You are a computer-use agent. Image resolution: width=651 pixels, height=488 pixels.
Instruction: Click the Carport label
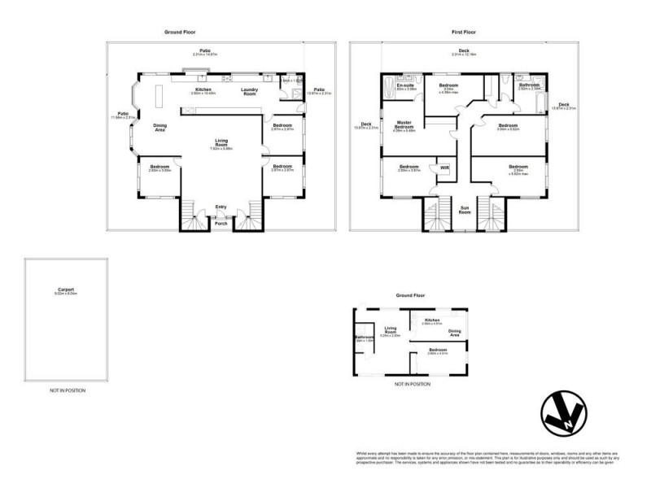click(x=67, y=289)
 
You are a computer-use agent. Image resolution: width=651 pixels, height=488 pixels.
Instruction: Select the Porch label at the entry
click(x=221, y=223)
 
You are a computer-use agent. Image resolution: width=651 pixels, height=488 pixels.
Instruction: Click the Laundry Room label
click(x=250, y=92)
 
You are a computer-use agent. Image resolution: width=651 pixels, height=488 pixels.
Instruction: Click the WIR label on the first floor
click(x=444, y=168)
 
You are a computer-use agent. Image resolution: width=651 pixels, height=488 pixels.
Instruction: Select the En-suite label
click(x=405, y=85)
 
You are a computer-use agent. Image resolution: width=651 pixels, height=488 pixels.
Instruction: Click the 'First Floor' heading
click(x=464, y=33)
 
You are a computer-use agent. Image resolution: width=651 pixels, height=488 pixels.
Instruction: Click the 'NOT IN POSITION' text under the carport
click(x=67, y=390)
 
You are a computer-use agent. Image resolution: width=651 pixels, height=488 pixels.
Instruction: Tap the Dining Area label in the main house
click(x=160, y=127)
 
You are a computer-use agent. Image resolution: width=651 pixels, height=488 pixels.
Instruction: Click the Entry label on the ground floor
click(x=221, y=207)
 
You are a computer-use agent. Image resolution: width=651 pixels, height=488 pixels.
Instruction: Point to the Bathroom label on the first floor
click(x=531, y=84)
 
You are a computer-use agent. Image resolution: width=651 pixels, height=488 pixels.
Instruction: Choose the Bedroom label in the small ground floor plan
click(x=438, y=350)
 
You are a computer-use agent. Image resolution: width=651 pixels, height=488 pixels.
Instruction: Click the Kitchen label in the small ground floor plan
click(x=432, y=320)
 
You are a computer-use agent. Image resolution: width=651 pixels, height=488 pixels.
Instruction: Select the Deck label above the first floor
click(x=464, y=50)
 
